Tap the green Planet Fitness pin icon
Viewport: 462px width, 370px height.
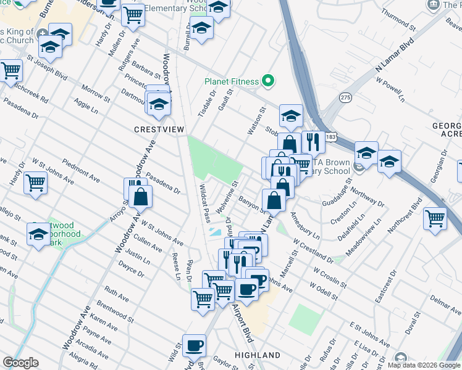coord(267,81)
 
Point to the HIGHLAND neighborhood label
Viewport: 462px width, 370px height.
coord(258,355)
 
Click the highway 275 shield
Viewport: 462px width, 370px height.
coord(345,97)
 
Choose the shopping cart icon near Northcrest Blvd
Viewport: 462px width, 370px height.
coord(435,218)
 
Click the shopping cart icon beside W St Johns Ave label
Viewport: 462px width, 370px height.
coord(36,183)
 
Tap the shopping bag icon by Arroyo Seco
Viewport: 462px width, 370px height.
coord(141,197)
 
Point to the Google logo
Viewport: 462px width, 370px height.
coord(21,363)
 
